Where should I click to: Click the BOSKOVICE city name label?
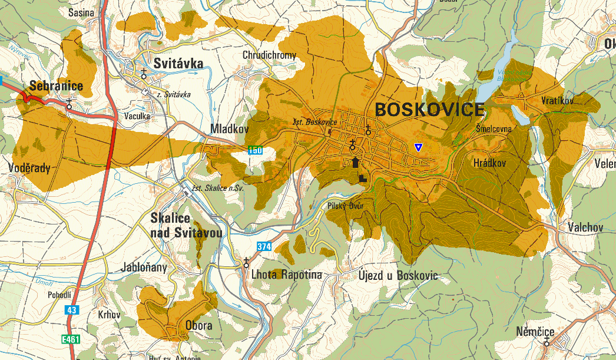point(429,110)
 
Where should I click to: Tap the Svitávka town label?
point(178,64)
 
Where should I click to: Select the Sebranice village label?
point(56,86)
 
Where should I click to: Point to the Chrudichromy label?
point(269,55)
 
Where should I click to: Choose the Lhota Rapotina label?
point(286,275)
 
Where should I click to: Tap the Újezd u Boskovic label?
point(398,275)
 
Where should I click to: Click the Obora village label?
point(198,325)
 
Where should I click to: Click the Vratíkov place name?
point(557,101)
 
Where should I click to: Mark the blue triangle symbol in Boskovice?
point(418,147)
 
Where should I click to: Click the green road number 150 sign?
point(255,150)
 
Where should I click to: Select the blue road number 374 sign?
point(264,246)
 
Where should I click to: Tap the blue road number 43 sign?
point(72,309)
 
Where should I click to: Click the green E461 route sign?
point(70,339)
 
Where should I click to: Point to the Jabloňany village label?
point(144,267)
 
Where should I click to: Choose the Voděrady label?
point(29,168)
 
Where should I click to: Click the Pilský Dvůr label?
point(346,206)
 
